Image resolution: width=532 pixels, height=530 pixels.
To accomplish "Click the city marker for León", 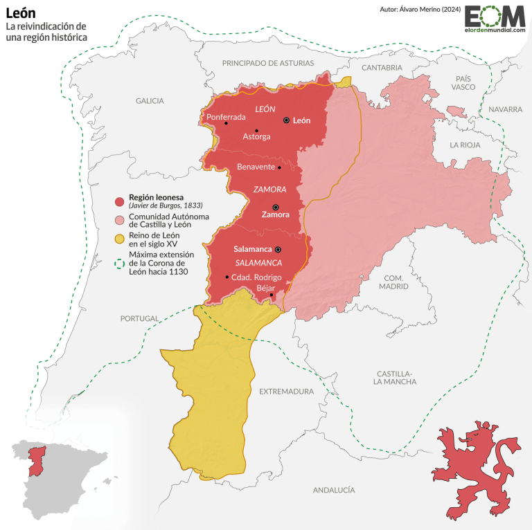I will click(286, 120).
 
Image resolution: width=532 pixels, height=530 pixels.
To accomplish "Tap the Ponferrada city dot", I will click(226, 124).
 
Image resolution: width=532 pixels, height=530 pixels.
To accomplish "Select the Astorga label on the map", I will click(256, 137).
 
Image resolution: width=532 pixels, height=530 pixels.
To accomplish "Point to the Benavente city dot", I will click(279, 167).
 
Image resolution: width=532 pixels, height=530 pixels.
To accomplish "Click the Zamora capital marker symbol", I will click(275, 207).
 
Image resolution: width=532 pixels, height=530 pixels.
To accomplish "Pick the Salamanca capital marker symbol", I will click(278, 248).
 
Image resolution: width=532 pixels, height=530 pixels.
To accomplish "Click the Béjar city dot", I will click(272, 295).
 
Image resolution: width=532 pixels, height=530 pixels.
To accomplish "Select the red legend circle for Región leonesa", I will click(119, 201).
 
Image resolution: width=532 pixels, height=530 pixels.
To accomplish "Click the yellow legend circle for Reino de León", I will click(119, 239).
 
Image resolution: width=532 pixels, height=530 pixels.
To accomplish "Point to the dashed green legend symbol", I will click(119, 262).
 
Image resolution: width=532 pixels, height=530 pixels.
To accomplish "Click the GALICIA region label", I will click(150, 101).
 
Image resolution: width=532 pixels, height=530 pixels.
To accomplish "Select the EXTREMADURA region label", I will click(286, 392).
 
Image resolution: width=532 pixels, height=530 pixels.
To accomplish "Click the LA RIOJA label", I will click(464, 145).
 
